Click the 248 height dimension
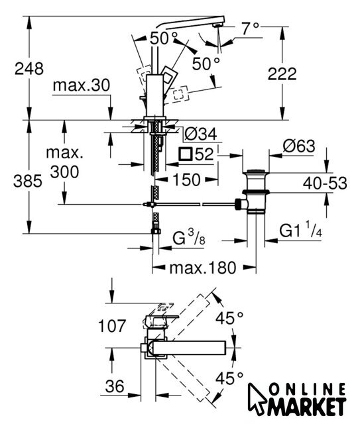29,68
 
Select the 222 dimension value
282,74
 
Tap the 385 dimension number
28,181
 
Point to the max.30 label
82,85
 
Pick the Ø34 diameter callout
201,134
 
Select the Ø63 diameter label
299,146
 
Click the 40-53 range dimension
325,183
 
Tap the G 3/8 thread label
189,238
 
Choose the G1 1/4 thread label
301,229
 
